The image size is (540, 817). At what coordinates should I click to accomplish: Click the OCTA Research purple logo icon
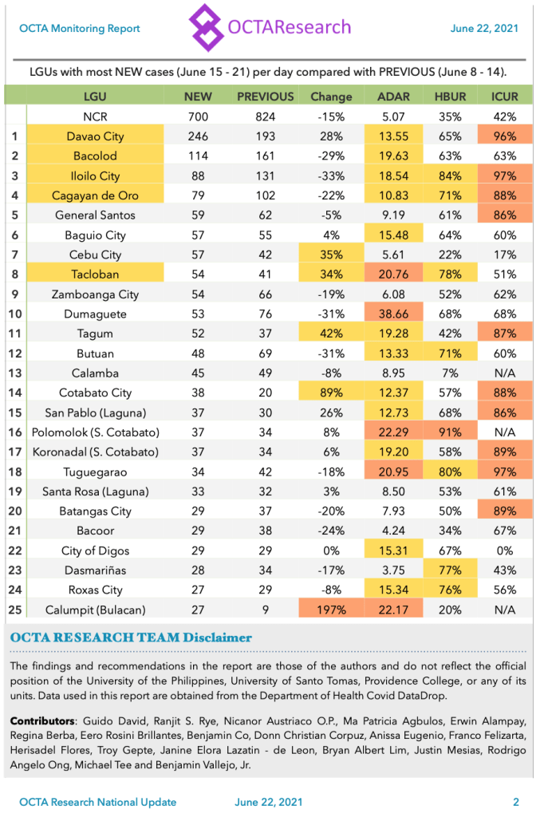click(206, 27)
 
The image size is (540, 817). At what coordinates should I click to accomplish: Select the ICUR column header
click(505, 97)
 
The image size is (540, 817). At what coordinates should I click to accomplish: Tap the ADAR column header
click(393, 97)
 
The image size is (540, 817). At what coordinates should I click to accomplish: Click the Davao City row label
click(95, 136)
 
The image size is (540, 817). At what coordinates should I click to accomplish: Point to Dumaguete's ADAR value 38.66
click(393, 314)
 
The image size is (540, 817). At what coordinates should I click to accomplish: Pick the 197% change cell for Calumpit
click(331, 610)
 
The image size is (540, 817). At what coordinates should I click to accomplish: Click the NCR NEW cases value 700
click(198, 116)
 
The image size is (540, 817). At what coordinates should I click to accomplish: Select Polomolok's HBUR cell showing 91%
click(450, 432)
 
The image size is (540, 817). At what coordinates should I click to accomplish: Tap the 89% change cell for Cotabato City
click(331, 393)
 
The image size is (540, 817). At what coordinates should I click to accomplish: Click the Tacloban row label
click(95, 274)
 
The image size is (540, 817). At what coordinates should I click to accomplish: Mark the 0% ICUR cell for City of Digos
click(505, 551)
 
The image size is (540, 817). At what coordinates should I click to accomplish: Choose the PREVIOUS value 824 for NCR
click(266, 116)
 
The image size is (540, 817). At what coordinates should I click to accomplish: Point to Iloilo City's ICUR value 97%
click(505, 176)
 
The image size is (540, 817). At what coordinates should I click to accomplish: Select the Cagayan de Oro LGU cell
click(95, 195)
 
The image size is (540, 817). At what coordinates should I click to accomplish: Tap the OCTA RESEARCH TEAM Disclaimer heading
click(131, 637)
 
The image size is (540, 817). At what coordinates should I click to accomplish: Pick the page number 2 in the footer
click(516, 802)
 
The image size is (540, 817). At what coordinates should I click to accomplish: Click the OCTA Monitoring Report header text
click(80, 29)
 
